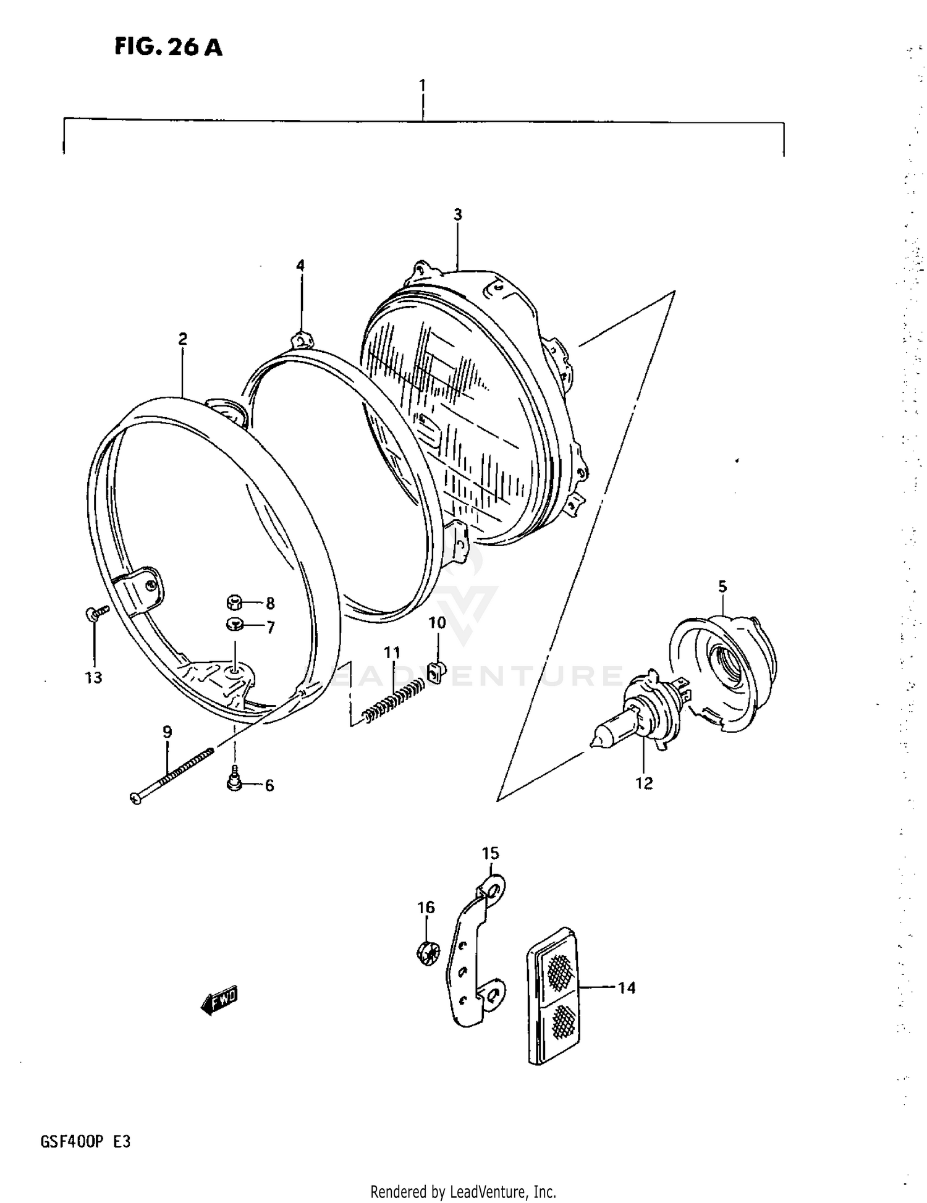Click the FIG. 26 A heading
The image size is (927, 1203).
point(168,47)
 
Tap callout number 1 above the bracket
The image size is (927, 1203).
point(422,85)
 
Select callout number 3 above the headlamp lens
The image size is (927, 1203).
point(457,214)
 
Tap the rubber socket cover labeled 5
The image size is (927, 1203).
point(726,671)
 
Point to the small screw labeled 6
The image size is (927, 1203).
point(234,780)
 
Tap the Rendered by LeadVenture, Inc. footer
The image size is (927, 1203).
point(463,1191)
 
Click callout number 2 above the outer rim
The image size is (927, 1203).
point(182,339)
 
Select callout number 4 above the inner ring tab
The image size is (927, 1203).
point(300,266)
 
